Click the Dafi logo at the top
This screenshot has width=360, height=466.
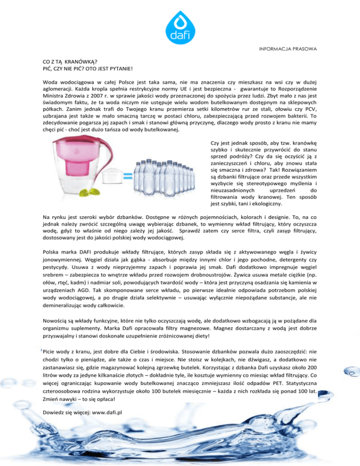[180, 24]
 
